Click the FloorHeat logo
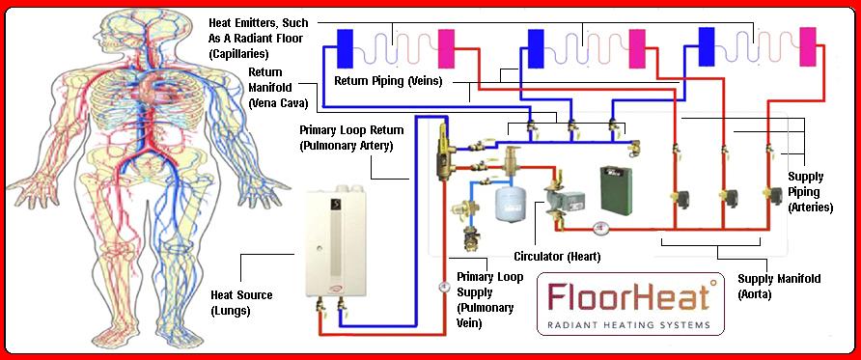point(630,303)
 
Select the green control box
point(616,188)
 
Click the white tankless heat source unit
point(335,245)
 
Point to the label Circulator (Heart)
point(557,257)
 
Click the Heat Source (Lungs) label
point(241,303)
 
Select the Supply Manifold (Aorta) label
point(779,287)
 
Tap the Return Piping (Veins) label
point(388,82)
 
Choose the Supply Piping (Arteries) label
point(810,192)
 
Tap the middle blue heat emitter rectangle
point(536,48)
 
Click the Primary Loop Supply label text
point(488,300)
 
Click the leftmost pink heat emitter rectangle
point(446,48)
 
